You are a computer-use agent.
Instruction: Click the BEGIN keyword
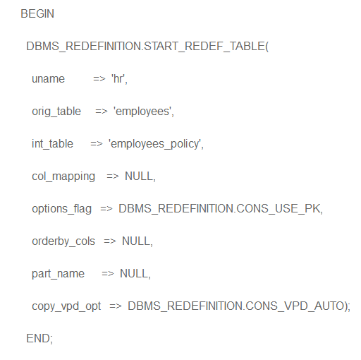(x=37, y=13)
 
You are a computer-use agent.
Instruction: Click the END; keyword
(x=39, y=339)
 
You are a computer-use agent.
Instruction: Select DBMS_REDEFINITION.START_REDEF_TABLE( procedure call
(x=147, y=47)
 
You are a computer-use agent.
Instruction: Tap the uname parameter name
(x=48, y=79)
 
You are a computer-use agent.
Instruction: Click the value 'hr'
(x=118, y=78)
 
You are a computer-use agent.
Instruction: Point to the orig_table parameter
(x=56, y=112)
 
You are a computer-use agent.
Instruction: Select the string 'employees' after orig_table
(x=142, y=112)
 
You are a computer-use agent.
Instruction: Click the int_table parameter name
(x=52, y=144)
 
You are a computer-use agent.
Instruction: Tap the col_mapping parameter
(x=63, y=176)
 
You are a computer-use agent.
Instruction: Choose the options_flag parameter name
(x=62, y=209)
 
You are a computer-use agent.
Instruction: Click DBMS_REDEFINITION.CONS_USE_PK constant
(x=219, y=209)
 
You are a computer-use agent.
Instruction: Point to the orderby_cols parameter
(x=63, y=241)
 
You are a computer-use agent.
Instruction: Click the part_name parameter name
(x=58, y=274)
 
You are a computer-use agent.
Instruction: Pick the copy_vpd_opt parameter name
(x=66, y=306)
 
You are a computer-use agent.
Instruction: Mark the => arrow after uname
(x=99, y=79)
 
